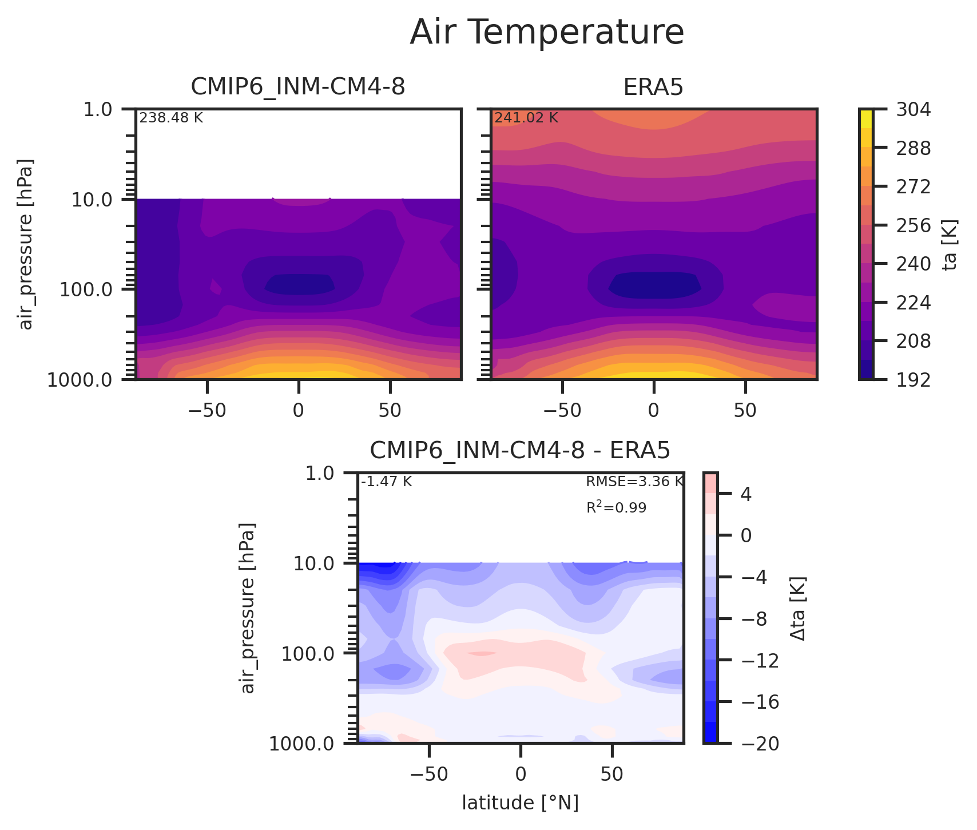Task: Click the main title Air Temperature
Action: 547,33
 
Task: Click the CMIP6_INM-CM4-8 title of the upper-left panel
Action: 297,87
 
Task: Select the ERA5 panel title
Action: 653,87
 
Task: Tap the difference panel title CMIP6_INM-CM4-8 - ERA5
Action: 519,451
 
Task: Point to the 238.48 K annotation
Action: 171,118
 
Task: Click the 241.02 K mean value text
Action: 526,118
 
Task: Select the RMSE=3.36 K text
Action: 634,482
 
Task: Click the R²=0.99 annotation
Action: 616,507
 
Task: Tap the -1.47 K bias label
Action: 386,482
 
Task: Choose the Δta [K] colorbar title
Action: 798,608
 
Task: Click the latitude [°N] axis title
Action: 520,803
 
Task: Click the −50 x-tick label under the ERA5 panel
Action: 562,411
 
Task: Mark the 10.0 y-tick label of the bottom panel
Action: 315,564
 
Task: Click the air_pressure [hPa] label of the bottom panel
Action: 247,607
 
